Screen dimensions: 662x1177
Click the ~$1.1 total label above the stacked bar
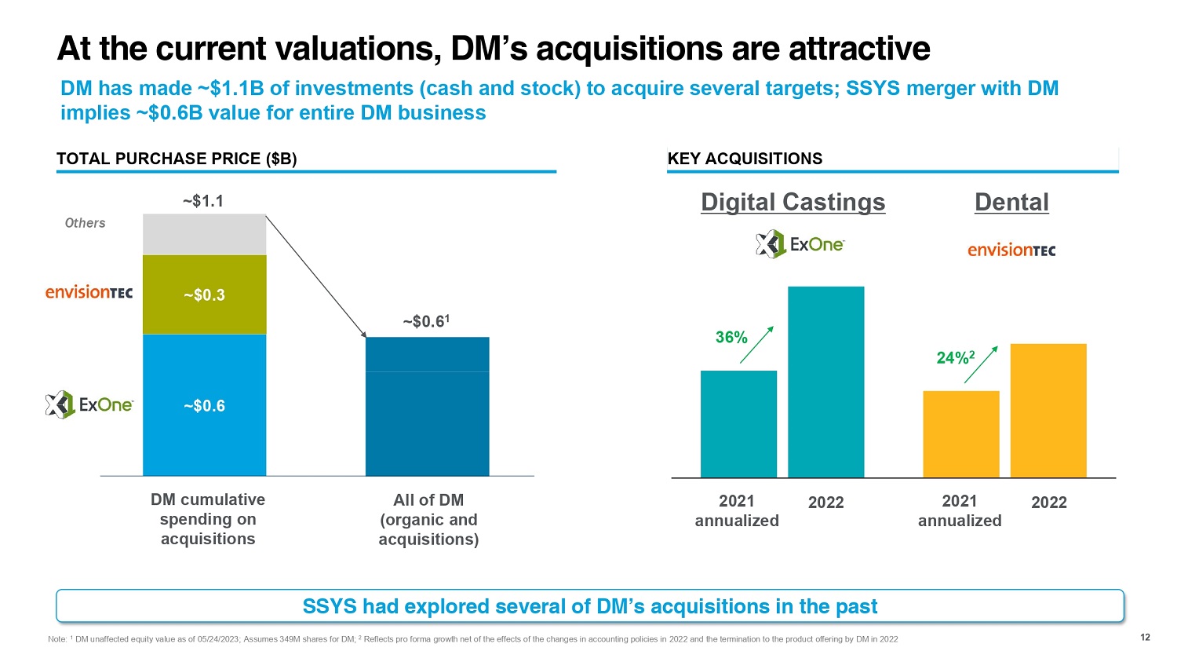coord(203,202)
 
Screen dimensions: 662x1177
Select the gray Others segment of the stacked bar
coord(204,234)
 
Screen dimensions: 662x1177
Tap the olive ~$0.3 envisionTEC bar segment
coord(204,294)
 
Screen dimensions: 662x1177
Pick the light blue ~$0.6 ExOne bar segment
coord(204,405)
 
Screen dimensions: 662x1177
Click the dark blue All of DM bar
coord(427,408)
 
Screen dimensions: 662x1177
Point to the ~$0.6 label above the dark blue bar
coord(427,321)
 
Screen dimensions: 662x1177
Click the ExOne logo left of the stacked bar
coord(89,404)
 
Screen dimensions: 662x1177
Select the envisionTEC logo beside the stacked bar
coord(89,292)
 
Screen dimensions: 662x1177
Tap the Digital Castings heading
coord(793,202)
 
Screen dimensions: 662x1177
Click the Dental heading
coord(1011,202)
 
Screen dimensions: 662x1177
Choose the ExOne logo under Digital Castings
coord(800,244)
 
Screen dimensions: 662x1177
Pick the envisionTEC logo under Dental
coord(1011,250)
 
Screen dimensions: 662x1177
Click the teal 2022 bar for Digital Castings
coord(825,382)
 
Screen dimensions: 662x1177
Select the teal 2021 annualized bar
coord(738,424)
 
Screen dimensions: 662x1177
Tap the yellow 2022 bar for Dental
coord(1048,411)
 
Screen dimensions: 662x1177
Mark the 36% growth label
coord(731,338)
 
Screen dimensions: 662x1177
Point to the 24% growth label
coord(955,358)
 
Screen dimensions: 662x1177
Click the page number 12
coord(1145,637)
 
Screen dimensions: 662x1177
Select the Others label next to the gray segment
coord(85,223)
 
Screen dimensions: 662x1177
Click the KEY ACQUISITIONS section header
coord(745,159)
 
